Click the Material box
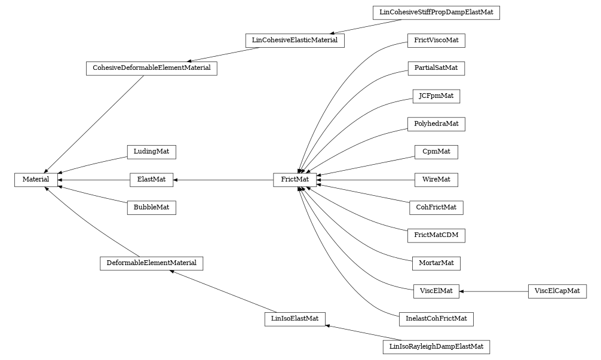click(36, 179)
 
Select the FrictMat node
click(295, 179)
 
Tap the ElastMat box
click(152, 179)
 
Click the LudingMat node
click(151, 152)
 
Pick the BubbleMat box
click(151, 208)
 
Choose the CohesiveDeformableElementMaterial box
click(151, 68)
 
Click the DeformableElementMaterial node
click(151, 263)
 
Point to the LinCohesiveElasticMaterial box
click(295, 41)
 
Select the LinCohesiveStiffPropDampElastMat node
click(436, 13)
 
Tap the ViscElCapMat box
click(557, 291)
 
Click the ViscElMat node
click(436, 291)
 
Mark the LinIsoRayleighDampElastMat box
click(436, 346)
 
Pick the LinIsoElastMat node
click(295, 319)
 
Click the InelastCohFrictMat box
click(436, 319)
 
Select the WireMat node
click(436, 179)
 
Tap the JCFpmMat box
click(436, 96)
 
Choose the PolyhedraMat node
click(436, 124)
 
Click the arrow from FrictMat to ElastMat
click(223, 179)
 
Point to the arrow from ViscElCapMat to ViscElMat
click(493, 291)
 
